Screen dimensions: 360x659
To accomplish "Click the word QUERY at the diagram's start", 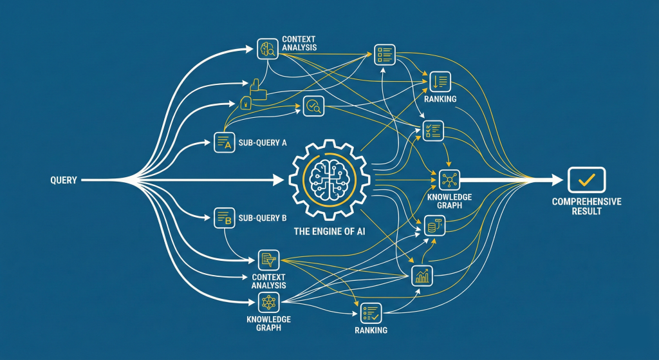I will point(63,181).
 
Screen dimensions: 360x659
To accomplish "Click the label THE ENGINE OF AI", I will point(327,233).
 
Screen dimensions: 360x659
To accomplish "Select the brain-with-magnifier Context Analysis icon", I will point(267,48).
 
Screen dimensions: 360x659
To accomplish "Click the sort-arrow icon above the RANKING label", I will point(441,81).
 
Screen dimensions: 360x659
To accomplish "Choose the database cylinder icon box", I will point(434,225).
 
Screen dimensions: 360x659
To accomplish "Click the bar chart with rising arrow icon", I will point(422,276).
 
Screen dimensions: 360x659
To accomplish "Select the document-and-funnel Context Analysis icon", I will point(267,260).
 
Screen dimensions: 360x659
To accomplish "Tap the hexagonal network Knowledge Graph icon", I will point(267,301).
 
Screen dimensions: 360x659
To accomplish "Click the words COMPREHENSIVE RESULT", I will point(586,207).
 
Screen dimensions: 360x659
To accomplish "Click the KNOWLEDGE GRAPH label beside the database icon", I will point(449,202).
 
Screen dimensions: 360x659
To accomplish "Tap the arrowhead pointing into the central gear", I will point(279,180).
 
